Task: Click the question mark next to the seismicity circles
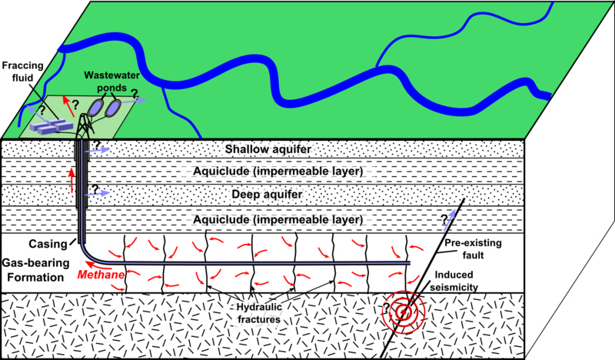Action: (386, 308)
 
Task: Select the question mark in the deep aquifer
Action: (95, 188)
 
